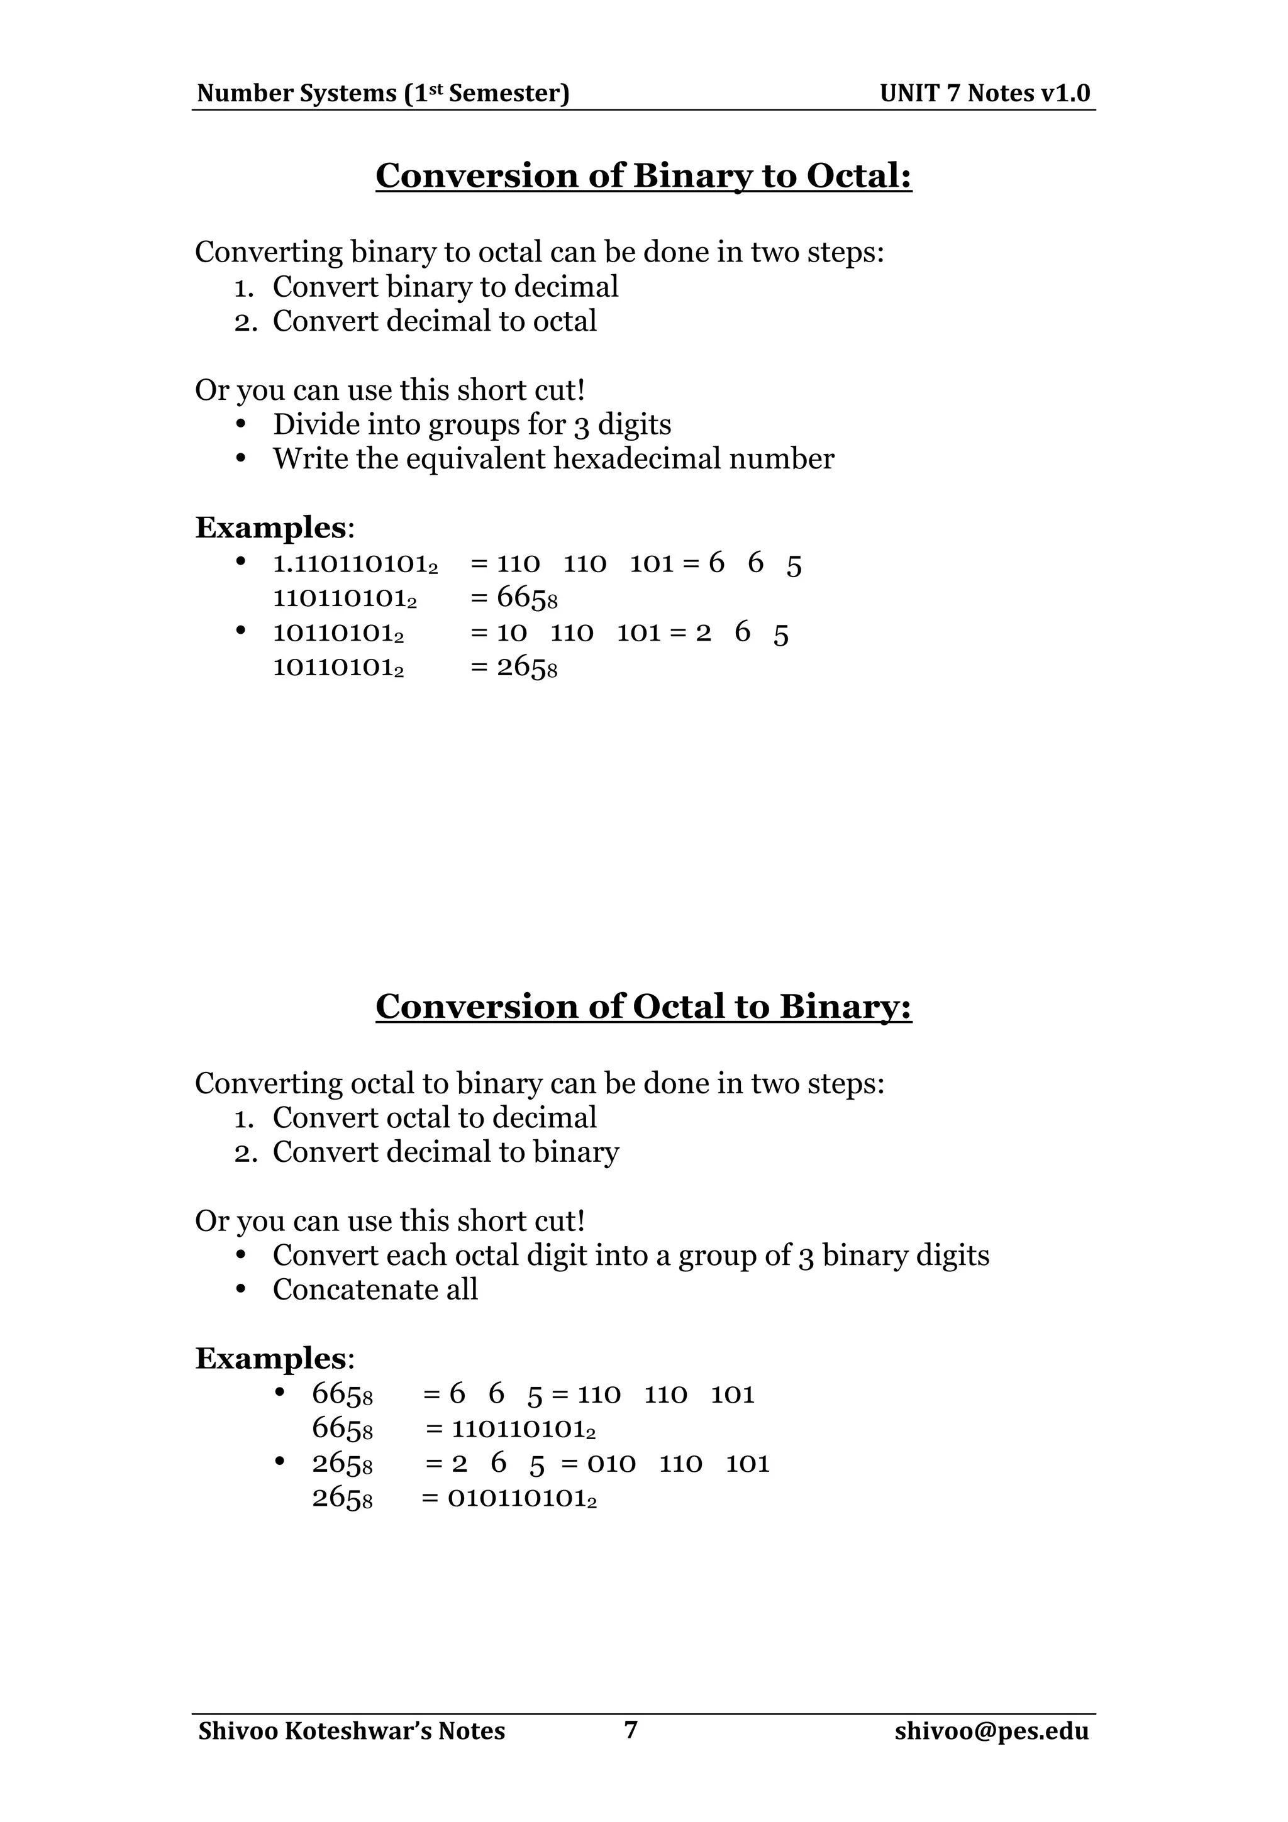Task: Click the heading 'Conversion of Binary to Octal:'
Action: click(x=643, y=175)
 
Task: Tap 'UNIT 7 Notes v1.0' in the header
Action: click(x=985, y=94)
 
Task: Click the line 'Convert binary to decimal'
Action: click(x=445, y=287)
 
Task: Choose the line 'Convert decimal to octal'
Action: click(x=434, y=321)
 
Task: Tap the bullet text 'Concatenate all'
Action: click(x=375, y=1289)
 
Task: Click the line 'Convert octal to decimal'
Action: click(x=434, y=1117)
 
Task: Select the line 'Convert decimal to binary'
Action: click(x=445, y=1152)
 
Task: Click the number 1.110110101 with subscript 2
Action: click(x=355, y=564)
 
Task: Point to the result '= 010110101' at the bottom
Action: click(x=510, y=1498)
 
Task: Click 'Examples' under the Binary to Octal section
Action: click(x=270, y=527)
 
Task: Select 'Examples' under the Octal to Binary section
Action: click(x=270, y=1359)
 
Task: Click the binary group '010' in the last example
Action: click(x=611, y=1462)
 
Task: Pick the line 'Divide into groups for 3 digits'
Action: click(x=472, y=424)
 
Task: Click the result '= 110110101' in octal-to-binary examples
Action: click(x=512, y=1429)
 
